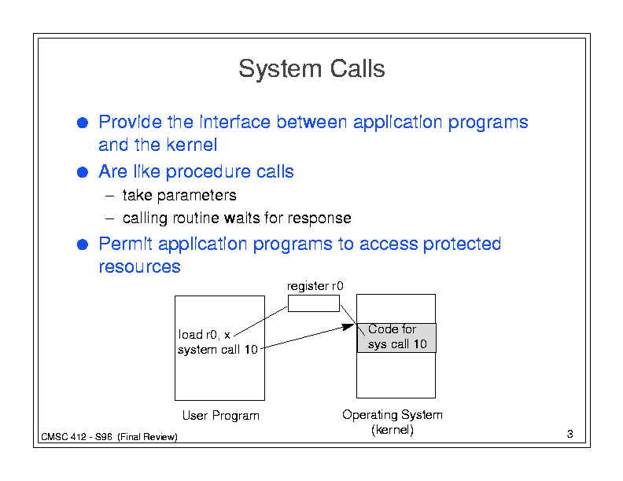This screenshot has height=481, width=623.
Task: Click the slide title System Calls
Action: tap(311, 68)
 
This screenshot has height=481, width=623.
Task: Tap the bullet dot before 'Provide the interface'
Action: tap(83, 123)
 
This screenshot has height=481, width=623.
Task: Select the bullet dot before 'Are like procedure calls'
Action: tap(83, 172)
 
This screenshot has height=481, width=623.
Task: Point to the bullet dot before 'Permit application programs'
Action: tap(83, 244)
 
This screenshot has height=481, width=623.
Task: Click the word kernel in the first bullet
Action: tap(192, 145)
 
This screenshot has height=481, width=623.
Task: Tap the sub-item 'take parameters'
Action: tap(179, 195)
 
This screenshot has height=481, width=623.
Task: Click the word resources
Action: tap(139, 266)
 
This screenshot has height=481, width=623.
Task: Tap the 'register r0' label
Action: tap(315, 286)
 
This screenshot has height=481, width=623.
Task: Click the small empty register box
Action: tap(314, 303)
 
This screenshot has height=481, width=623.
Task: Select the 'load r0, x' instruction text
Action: tap(205, 335)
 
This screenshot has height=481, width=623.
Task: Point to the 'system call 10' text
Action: tap(218, 350)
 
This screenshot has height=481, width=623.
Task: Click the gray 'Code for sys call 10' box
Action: tap(396, 338)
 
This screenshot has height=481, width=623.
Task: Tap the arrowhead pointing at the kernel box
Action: tap(348, 327)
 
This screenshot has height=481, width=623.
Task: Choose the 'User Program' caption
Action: tap(220, 416)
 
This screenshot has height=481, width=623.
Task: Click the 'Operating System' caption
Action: tap(393, 415)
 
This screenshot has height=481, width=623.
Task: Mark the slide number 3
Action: tap(570, 434)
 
